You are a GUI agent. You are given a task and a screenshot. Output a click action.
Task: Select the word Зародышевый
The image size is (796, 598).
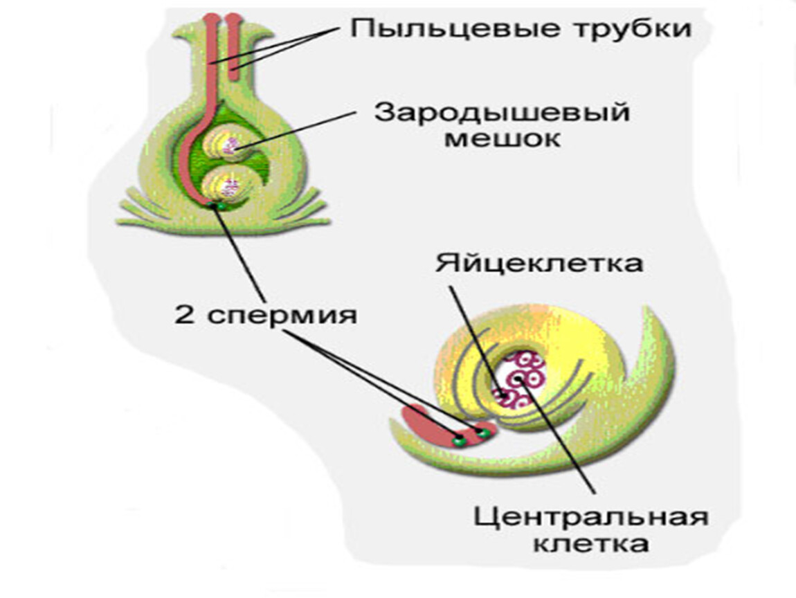pyautogui.click(x=501, y=113)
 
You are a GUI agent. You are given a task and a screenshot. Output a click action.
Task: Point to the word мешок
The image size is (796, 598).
pyautogui.click(x=501, y=139)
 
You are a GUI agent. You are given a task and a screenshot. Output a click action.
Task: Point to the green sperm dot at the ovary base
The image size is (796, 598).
pyautogui.click(x=217, y=206)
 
